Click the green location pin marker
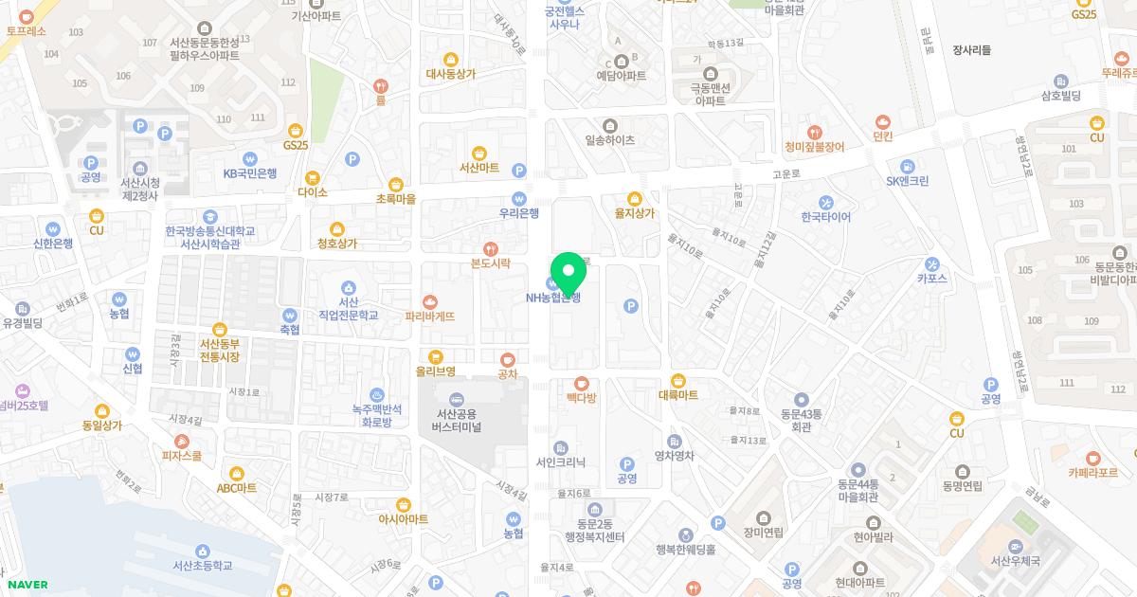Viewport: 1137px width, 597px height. tap(568, 271)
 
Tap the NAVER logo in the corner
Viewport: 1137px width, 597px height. tap(27, 585)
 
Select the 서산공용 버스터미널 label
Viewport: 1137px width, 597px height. tap(457, 420)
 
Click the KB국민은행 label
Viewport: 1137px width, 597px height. tap(250, 173)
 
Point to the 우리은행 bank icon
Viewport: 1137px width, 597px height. tap(518, 198)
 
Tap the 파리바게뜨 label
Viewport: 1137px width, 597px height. tap(429, 316)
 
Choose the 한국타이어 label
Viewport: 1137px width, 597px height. tap(825, 217)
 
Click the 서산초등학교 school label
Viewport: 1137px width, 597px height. tap(202, 565)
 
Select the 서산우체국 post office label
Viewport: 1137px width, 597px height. tap(1015, 561)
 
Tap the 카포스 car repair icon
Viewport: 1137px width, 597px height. tap(932, 263)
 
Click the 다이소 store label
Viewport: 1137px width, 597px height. tap(312, 191)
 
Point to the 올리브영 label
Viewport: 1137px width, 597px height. tap(435, 371)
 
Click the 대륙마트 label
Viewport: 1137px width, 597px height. tap(677, 394)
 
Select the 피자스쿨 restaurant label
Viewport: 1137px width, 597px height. tap(182, 455)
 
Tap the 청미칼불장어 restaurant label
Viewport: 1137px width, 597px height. tap(814, 147)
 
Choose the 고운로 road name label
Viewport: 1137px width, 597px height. tap(786, 174)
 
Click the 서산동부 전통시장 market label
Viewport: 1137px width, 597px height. tap(220, 350)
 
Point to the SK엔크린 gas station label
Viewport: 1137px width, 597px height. tap(907, 181)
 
